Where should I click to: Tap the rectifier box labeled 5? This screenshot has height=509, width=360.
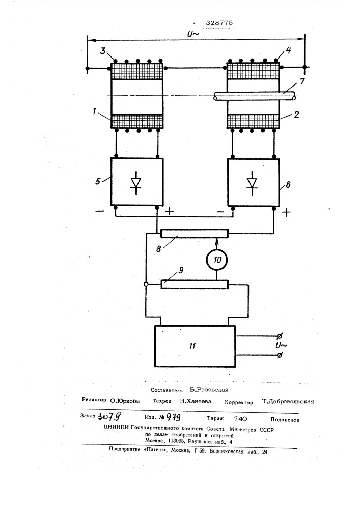(136, 181)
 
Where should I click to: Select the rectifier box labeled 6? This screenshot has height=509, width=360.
(253, 181)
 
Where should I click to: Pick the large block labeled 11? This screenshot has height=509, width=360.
(195, 346)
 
